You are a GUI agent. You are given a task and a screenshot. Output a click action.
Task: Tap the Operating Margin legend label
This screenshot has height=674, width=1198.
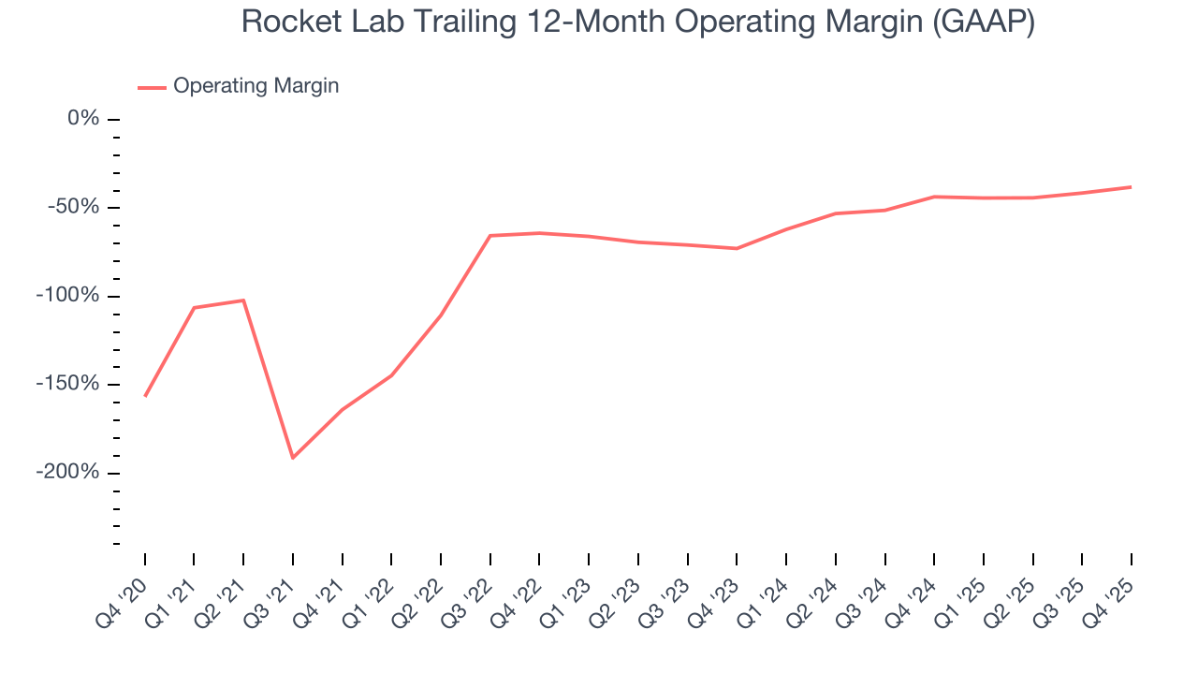pos(256,86)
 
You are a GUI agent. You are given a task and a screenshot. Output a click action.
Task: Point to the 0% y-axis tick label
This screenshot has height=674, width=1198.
pos(82,119)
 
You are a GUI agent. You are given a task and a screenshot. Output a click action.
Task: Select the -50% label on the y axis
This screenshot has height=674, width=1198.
pos(74,207)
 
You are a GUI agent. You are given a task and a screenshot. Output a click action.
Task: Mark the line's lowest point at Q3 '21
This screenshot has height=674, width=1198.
pos(293,458)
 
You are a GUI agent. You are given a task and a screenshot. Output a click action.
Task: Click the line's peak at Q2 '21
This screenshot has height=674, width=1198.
pos(243,300)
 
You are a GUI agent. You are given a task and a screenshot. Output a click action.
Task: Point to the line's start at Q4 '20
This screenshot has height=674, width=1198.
pos(145,396)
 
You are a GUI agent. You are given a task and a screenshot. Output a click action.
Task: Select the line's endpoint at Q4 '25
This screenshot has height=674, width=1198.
pos(1131,187)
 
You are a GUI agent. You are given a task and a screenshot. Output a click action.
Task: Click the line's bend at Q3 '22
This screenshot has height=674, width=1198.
pos(490,236)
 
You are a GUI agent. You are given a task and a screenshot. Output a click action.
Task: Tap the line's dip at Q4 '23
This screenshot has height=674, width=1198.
pos(737,248)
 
